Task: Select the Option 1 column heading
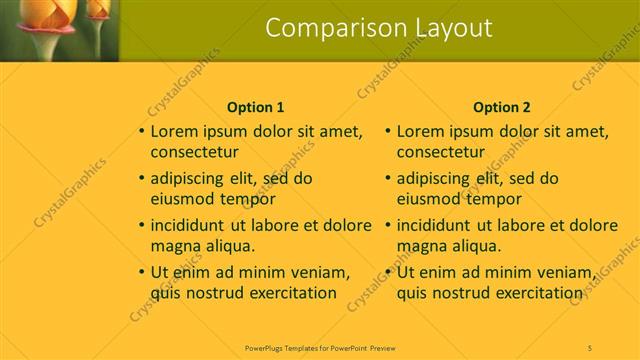click(256, 106)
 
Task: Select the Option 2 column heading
click(502, 106)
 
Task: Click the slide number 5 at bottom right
click(590, 346)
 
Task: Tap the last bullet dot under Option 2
click(388, 272)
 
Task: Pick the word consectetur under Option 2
click(441, 153)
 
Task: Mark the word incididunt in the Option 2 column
click(437, 225)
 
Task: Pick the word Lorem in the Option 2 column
click(421, 131)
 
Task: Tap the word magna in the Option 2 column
click(421, 246)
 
